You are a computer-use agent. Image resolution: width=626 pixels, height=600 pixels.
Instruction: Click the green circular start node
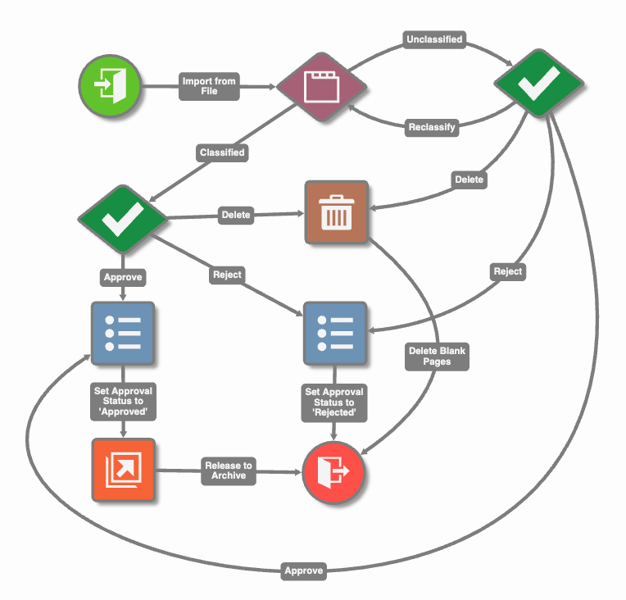pos(110,86)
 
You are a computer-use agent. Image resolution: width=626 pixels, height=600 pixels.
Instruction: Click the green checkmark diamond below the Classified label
pos(123,217)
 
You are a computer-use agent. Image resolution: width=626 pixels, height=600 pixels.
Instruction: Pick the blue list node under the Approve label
pos(123,334)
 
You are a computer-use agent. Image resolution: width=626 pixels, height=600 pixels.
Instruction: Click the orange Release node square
pos(123,470)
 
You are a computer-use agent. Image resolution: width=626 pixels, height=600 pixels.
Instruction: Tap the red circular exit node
pos(334,472)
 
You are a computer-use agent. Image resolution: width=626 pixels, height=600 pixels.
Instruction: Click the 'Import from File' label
pos(209,87)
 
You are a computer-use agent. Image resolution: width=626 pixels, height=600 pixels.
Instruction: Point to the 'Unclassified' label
pos(434,39)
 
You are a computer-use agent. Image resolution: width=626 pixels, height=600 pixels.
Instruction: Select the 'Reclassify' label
pos(432,128)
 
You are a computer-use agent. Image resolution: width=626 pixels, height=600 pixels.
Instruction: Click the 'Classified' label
pos(222,152)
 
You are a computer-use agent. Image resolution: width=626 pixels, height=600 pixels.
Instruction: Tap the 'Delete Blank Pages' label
pos(438,356)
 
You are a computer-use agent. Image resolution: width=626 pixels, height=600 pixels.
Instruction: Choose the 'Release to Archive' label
pos(229,470)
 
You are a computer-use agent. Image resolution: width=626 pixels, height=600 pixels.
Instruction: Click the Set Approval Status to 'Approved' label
pos(122,402)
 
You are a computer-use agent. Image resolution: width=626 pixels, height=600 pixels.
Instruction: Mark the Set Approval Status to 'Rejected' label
pos(334,402)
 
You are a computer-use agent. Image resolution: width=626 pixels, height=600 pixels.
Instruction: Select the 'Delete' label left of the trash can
pos(236,216)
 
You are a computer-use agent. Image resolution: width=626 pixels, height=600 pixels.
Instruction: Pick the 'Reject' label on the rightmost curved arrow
pos(507,271)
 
